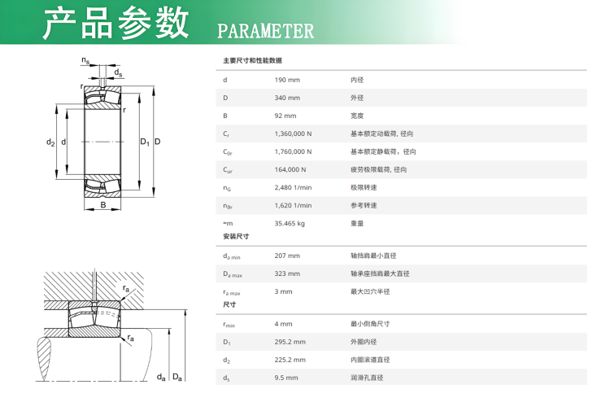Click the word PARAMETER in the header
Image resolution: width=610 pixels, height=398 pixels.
[x=265, y=31]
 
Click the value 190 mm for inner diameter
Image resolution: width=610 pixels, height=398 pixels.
[x=287, y=80]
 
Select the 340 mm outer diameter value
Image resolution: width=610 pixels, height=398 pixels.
[x=287, y=98]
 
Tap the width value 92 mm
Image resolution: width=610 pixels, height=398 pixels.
[x=285, y=116]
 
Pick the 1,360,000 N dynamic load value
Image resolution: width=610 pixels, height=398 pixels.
[x=293, y=133]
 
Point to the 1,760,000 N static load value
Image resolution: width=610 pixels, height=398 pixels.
[x=293, y=151]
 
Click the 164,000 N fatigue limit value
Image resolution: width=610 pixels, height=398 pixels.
[x=290, y=169]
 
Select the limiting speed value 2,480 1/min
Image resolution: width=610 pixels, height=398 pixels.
[x=293, y=187]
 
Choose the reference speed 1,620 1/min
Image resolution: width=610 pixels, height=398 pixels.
[x=293, y=205]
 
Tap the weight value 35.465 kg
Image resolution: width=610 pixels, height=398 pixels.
[x=290, y=224]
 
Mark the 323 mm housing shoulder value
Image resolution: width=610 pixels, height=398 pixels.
[x=287, y=273]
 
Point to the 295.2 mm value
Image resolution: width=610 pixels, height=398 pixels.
[x=290, y=342]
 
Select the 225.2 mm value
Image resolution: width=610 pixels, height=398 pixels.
[x=290, y=360]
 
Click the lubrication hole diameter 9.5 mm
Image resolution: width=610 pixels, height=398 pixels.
[x=286, y=378]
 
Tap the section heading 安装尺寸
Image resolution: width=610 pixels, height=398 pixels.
[x=236, y=236]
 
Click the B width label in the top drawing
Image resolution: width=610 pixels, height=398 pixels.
[x=103, y=205]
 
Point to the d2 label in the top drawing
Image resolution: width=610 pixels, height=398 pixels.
[x=50, y=142]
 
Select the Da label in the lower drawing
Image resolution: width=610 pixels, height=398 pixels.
[x=177, y=377]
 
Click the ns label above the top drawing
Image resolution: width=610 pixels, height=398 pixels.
[x=85, y=60]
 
